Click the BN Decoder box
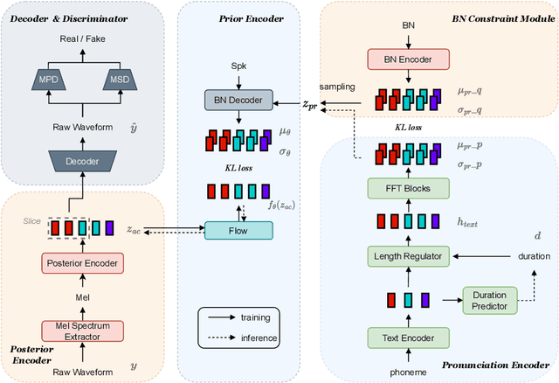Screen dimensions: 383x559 [x=238, y=99]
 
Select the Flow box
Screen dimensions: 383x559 [x=238, y=230]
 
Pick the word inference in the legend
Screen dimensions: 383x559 [x=260, y=338]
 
